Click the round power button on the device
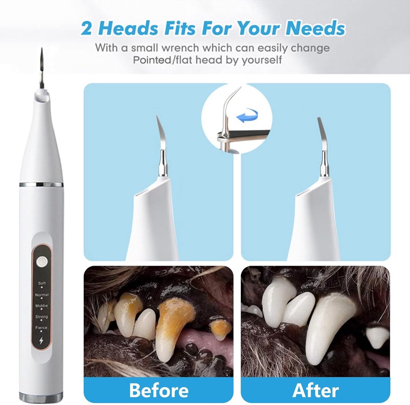coord(41,262)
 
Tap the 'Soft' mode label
coord(42,283)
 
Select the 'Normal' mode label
coord(42,295)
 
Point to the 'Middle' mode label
coord(42,306)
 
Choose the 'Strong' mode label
coord(41,317)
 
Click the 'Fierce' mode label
coord(41,327)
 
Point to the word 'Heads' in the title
coord(128,28)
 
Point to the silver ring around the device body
coord(41,184)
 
